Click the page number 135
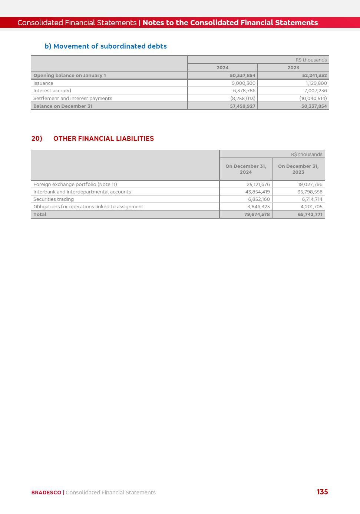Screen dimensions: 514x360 322,492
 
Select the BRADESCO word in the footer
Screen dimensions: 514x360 46,493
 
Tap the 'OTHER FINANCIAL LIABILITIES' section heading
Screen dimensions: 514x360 103,139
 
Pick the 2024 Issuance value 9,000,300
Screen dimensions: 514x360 243,83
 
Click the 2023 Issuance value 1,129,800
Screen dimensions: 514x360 316,83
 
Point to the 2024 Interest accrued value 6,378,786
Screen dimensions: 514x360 244,91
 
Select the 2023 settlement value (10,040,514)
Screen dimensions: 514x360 313,99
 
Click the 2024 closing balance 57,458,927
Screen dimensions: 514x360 242,106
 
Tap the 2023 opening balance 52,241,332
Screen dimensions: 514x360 314,76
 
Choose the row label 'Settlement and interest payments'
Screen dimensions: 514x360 73,99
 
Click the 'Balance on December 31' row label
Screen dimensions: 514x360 63,106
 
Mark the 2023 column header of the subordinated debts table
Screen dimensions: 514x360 293,68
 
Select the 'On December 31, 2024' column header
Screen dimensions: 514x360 245,169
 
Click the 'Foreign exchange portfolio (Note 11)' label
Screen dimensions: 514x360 75,185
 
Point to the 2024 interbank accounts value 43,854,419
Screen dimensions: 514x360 257,192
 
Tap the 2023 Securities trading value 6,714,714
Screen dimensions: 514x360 312,199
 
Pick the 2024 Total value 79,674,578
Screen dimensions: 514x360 257,215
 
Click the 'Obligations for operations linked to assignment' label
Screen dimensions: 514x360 88,207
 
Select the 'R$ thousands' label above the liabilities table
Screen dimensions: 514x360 307,155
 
